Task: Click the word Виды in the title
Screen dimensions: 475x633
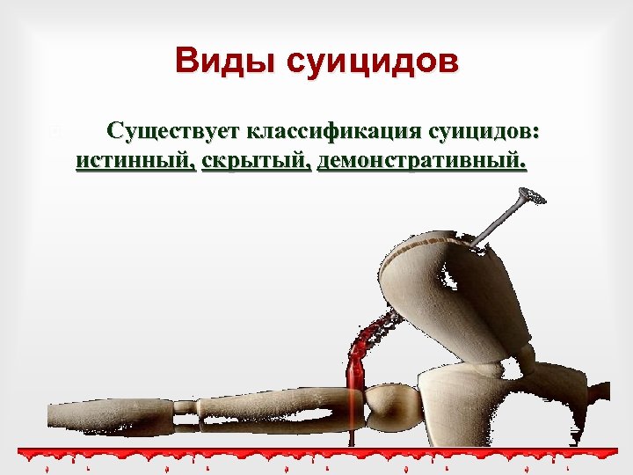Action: point(215,62)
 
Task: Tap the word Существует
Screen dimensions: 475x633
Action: point(173,133)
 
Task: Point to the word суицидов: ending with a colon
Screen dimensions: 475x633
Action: point(485,133)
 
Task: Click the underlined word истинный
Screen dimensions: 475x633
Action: point(135,160)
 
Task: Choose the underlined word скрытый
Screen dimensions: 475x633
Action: point(256,160)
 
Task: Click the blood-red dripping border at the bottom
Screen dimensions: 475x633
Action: point(316,454)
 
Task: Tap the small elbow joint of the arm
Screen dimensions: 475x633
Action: point(187,407)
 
